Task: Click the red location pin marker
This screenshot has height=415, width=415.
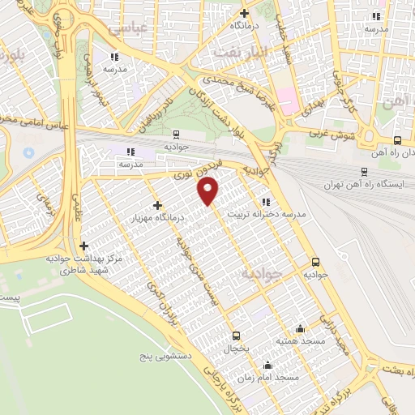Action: pyautogui.click(x=208, y=192)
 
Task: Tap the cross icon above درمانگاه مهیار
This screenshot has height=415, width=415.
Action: pyautogui.click(x=157, y=206)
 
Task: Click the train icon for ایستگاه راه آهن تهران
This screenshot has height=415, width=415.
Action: pyautogui.click(x=364, y=171)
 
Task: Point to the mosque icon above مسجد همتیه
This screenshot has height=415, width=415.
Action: pyautogui.click(x=301, y=328)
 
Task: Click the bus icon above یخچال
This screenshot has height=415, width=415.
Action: pyautogui.click(x=236, y=336)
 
